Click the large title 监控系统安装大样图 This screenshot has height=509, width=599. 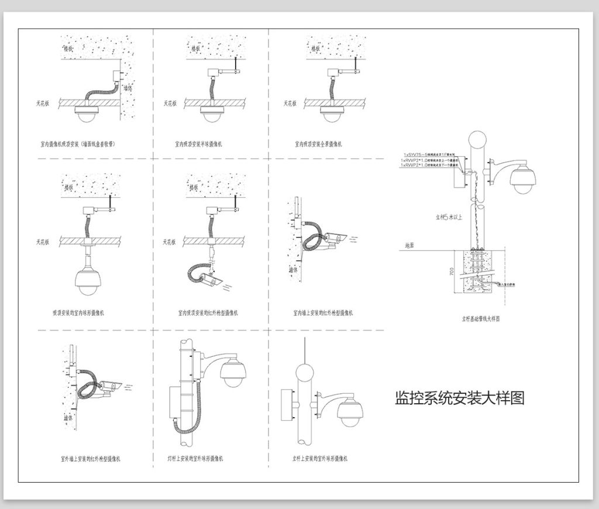click(460, 398)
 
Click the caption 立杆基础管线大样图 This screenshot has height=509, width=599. click(480, 319)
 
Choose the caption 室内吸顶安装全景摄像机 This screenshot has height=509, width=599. click(319, 143)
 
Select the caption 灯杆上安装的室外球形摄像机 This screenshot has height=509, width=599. click(195, 459)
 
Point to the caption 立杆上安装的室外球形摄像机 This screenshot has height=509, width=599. click(320, 459)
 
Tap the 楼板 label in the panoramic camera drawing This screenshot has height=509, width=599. click(316, 49)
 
